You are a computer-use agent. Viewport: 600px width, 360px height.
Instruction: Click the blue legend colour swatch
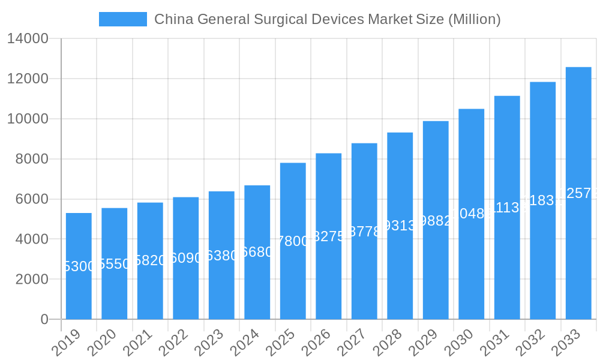tap(123, 19)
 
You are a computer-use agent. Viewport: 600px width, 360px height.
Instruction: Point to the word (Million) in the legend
tap(474, 19)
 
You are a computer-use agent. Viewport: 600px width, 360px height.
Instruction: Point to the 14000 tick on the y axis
tap(28, 39)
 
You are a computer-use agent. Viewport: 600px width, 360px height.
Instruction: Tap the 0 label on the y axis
tap(44, 319)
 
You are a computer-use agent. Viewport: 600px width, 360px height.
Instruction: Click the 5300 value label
tap(79, 266)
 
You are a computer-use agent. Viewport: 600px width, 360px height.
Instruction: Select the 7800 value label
tap(293, 241)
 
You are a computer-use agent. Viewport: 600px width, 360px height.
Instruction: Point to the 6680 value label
tap(257, 252)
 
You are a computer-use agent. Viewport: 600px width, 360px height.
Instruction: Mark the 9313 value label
tap(400, 226)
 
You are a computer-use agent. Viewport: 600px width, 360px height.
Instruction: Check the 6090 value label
tap(186, 258)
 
